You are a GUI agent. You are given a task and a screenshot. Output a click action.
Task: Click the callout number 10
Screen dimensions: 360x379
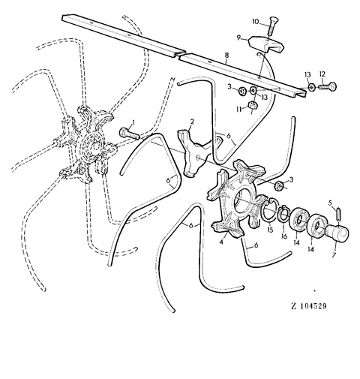(256, 22)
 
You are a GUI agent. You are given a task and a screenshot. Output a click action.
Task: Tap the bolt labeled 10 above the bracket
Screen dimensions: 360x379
(272, 26)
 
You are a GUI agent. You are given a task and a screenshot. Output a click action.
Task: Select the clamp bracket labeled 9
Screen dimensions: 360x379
(266, 44)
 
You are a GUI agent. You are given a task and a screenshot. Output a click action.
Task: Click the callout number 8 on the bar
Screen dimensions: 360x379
(226, 56)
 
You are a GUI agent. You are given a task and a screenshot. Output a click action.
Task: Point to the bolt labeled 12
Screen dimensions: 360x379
(328, 86)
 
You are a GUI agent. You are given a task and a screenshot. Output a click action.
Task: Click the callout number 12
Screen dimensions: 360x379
(322, 74)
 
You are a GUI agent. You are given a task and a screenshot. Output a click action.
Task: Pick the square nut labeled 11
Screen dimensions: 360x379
(253, 104)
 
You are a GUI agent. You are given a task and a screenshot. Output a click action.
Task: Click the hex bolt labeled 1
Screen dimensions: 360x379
(130, 134)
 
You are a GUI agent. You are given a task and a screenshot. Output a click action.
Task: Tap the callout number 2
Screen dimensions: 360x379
(192, 122)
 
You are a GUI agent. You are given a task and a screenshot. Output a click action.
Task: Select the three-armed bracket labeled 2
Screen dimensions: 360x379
(194, 152)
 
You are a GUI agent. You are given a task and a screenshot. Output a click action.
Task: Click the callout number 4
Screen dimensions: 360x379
(221, 242)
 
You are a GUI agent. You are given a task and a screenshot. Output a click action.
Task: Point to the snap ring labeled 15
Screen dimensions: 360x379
(269, 209)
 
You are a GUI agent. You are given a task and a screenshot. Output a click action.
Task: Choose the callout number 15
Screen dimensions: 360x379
(270, 230)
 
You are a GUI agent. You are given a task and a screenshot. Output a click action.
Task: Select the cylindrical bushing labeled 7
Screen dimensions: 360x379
(337, 233)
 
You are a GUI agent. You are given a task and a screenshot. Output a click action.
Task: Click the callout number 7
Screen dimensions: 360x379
(334, 255)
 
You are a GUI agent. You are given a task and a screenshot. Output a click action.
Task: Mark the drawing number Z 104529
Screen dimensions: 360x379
(309, 306)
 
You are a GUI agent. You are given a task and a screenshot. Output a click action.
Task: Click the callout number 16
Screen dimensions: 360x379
(284, 236)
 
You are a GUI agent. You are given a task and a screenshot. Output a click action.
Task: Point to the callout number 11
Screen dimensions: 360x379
(239, 109)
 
